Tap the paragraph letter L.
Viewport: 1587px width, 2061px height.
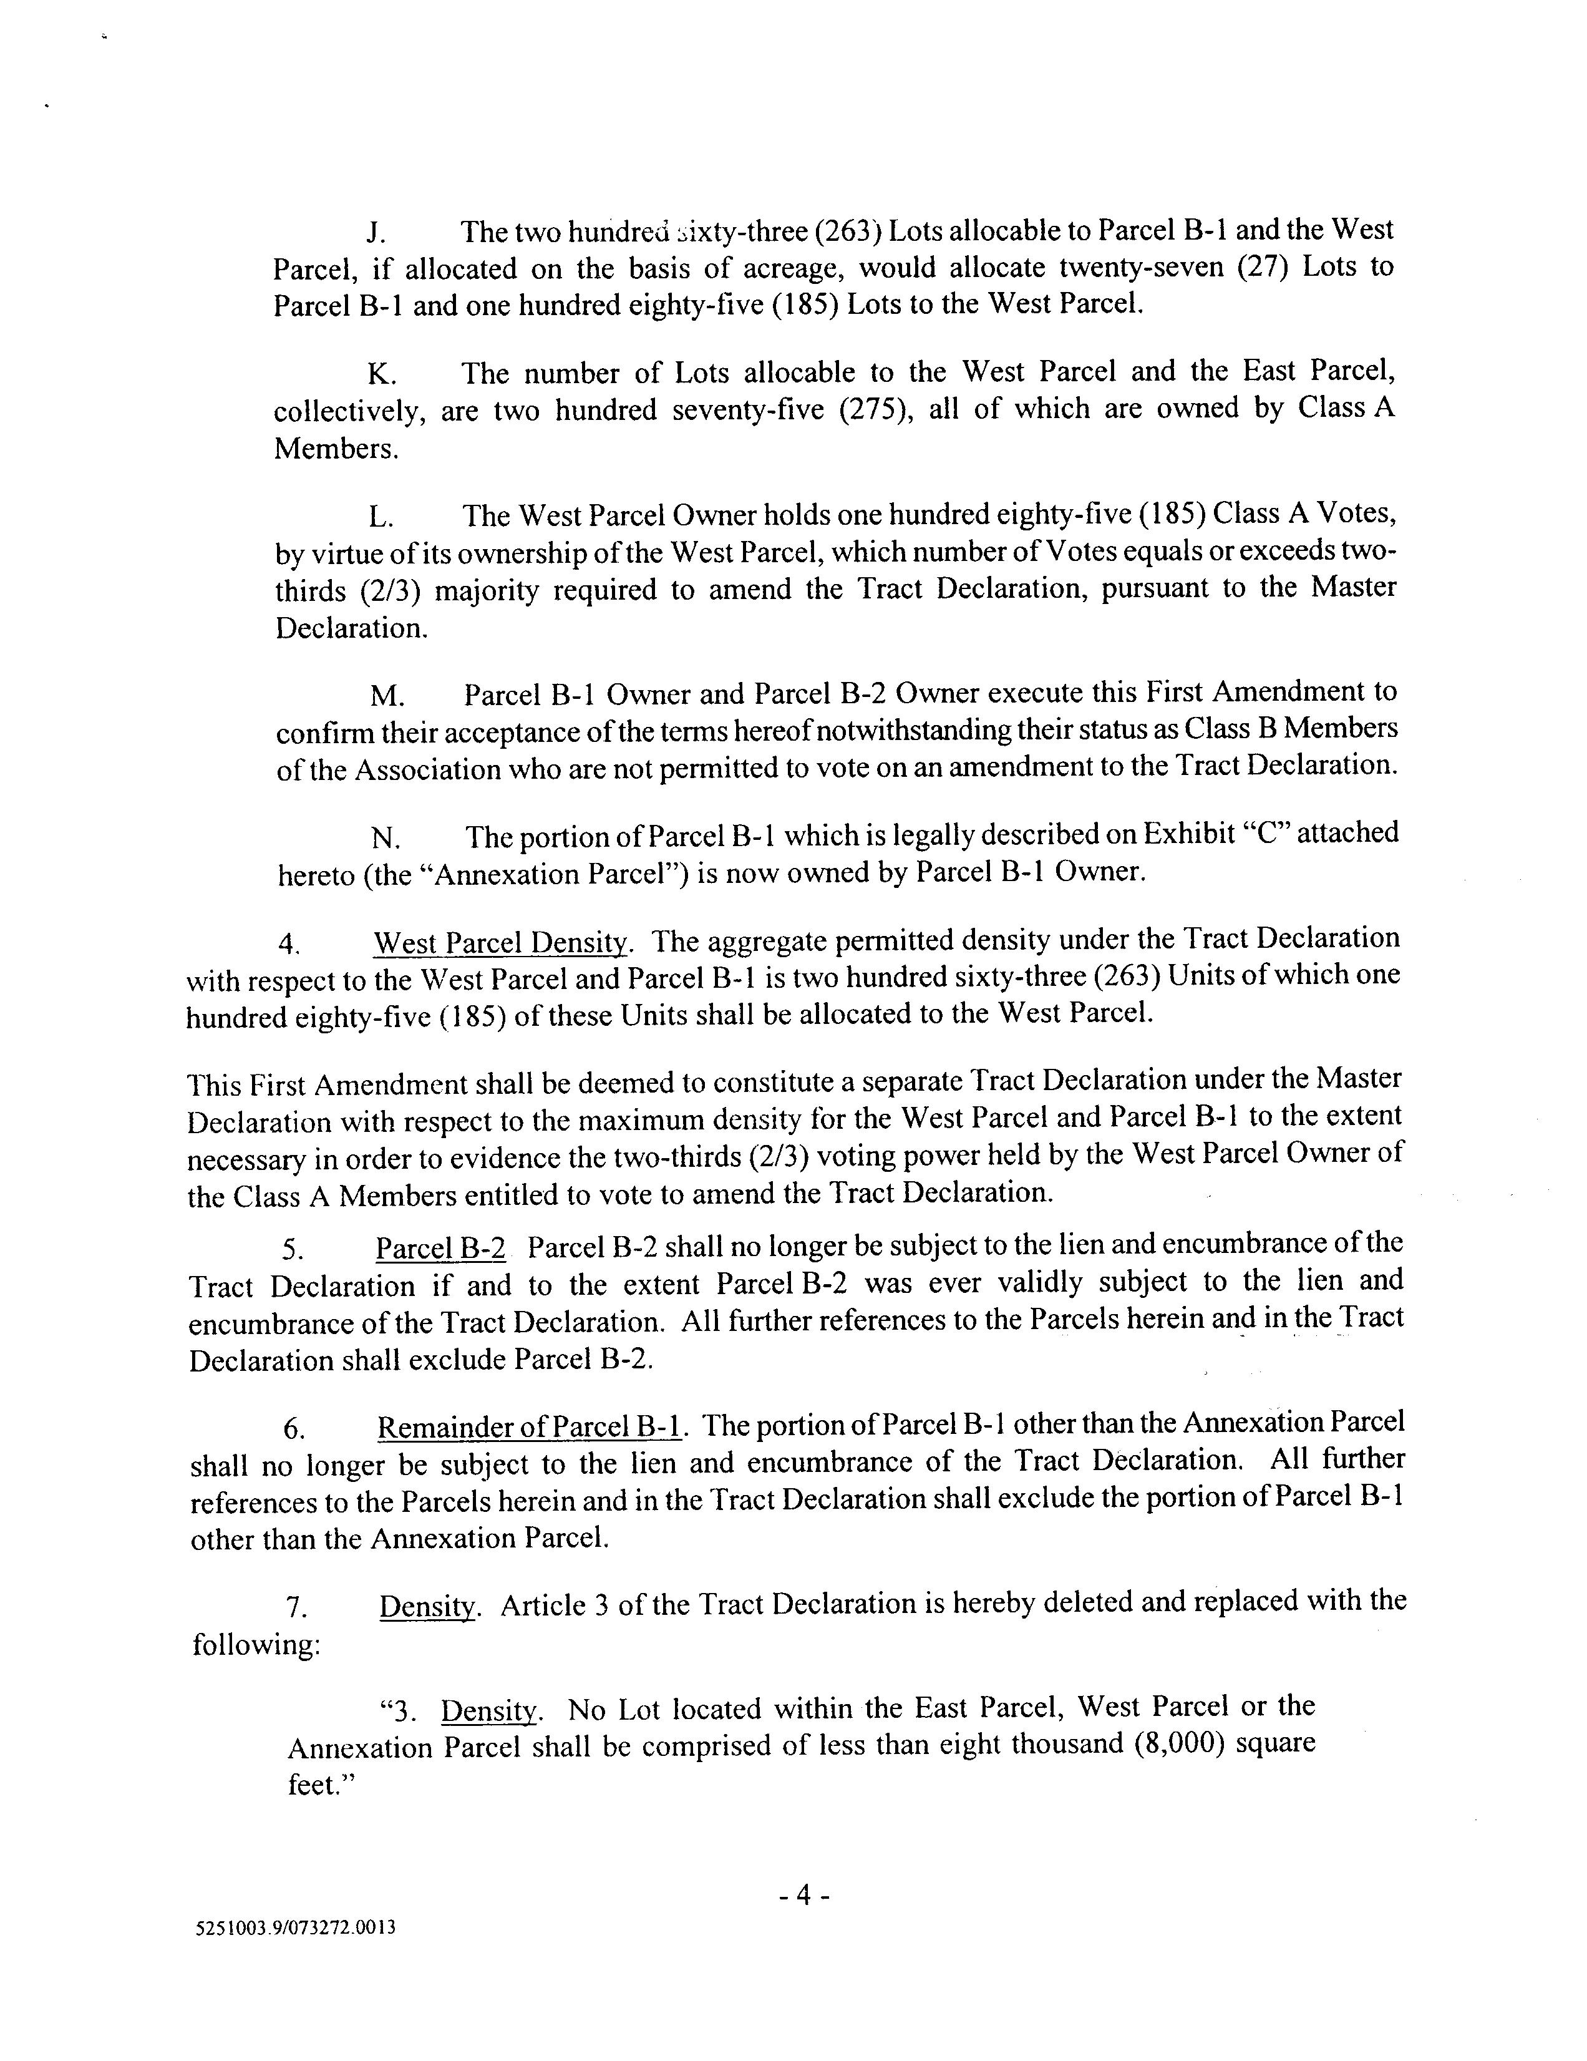click(x=381, y=517)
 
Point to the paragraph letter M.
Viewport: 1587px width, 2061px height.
click(x=387, y=696)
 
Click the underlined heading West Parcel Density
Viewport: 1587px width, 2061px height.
click(x=501, y=943)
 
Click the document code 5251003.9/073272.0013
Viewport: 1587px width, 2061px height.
click(x=294, y=1929)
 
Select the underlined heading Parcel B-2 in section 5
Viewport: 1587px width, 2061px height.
click(x=440, y=1249)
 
